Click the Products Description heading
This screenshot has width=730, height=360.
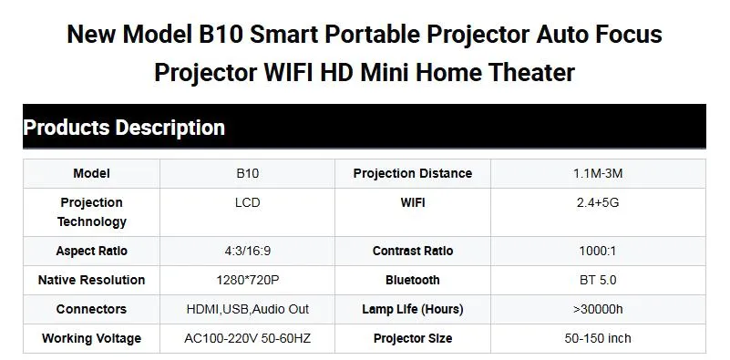[124, 128]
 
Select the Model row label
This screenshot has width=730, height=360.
[91, 173]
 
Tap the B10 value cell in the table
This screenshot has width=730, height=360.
[247, 173]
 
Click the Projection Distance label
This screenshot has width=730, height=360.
[412, 173]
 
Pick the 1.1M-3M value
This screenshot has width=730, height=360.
[597, 173]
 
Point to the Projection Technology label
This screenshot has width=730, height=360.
[91, 211]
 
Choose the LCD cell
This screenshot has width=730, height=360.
[247, 202]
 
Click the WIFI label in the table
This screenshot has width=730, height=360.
[412, 202]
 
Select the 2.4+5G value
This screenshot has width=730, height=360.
[597, 202]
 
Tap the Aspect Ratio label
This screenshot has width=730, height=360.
[91, 251]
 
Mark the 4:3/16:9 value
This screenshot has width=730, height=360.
[247, 251]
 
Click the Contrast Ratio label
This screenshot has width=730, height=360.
[412, 251]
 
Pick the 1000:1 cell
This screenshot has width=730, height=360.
[597, 251]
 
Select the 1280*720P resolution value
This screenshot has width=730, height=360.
[247, 280]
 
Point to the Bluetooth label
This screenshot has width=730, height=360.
[412, 280]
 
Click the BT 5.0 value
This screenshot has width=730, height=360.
[597, 280]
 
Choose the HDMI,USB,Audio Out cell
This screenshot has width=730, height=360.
[247, 309]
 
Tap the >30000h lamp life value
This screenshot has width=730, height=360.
[597, 309]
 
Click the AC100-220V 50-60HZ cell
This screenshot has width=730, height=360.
[247, 338]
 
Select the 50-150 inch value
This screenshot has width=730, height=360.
[597, 338]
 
